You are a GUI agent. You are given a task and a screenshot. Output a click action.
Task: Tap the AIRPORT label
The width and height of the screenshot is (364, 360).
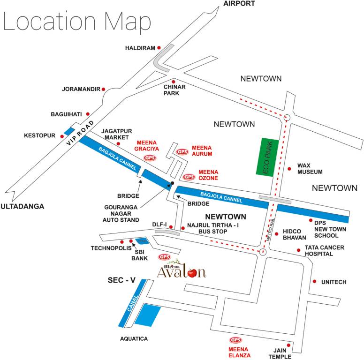pyautogui.click(x=239, y=4)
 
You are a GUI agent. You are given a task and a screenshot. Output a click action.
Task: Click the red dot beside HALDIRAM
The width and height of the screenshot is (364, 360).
pyautogui.click(x=159, y=47)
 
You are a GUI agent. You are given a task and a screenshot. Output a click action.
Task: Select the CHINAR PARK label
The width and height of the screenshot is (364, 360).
pyautogui.click(x=174, y=90)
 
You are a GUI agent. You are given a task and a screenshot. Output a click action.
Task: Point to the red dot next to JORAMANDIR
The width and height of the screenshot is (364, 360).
pyautogui.click(x=104, y=89)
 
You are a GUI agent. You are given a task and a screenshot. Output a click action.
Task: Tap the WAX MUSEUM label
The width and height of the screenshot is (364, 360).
pyautogui.click(x=310, y=169)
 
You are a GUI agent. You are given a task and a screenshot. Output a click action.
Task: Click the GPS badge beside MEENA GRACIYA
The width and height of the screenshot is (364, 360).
pyautogui.click(x=151, y=158)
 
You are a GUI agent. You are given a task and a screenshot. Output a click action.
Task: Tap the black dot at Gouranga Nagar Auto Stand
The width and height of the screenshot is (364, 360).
pyautogui.click(x=173, y=183)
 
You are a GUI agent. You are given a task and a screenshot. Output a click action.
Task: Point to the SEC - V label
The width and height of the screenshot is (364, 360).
pyautogui.click(x=121, y=280)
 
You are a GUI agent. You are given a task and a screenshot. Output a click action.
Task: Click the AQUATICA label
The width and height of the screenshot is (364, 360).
pyautogui.click(x=134, y=338)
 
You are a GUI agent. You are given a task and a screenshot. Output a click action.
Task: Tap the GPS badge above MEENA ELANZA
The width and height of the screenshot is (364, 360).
pyautogui.click(x=235, y=340)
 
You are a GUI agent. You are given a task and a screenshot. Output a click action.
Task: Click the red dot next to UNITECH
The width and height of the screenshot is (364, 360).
pyautogui.click(x=314, y=282)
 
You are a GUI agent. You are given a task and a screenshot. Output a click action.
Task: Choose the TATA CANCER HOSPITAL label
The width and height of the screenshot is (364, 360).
pyautogui.click(x=325, y=250)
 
